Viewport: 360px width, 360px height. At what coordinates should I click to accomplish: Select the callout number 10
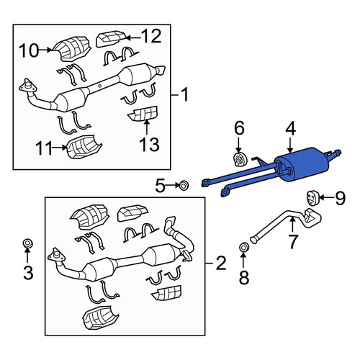tap(29, 50)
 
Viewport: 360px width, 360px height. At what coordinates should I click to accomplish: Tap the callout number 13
tap(149, 145)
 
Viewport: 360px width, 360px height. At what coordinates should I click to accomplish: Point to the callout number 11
tap(44, 148)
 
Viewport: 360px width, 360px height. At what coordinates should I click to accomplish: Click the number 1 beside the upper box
tap(184, 94)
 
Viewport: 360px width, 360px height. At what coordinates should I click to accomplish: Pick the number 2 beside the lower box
tap(221, 263)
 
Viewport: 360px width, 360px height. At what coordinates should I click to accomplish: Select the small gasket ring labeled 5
tap(184, 185)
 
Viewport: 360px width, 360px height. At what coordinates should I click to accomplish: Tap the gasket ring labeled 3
tap(27, 243)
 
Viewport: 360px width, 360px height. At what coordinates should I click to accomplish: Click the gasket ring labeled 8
tap(244, 247)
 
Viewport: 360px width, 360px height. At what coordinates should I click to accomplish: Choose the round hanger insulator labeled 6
tap(239, 159)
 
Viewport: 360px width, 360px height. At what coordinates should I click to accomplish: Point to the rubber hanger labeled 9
tap(312, 197)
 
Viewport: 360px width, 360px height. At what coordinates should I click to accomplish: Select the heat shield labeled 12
tap(111, 38)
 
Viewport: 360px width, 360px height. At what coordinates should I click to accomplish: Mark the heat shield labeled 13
tap(143, 114)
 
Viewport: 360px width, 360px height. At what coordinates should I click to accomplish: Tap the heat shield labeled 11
tap(84, 147)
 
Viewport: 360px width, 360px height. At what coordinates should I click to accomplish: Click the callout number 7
tap(293, 242)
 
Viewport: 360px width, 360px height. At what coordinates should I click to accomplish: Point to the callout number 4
tap(290, 128)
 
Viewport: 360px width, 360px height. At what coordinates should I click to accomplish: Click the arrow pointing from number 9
tap(325, 197)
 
